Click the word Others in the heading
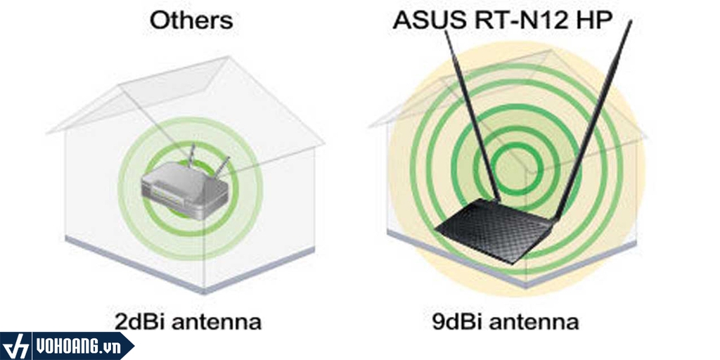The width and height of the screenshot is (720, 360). pos(191,20)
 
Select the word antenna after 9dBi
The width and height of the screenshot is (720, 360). pos(534,322)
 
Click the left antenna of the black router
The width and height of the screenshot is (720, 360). pos(472,112)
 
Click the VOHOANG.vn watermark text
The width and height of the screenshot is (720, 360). pos(79,346)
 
